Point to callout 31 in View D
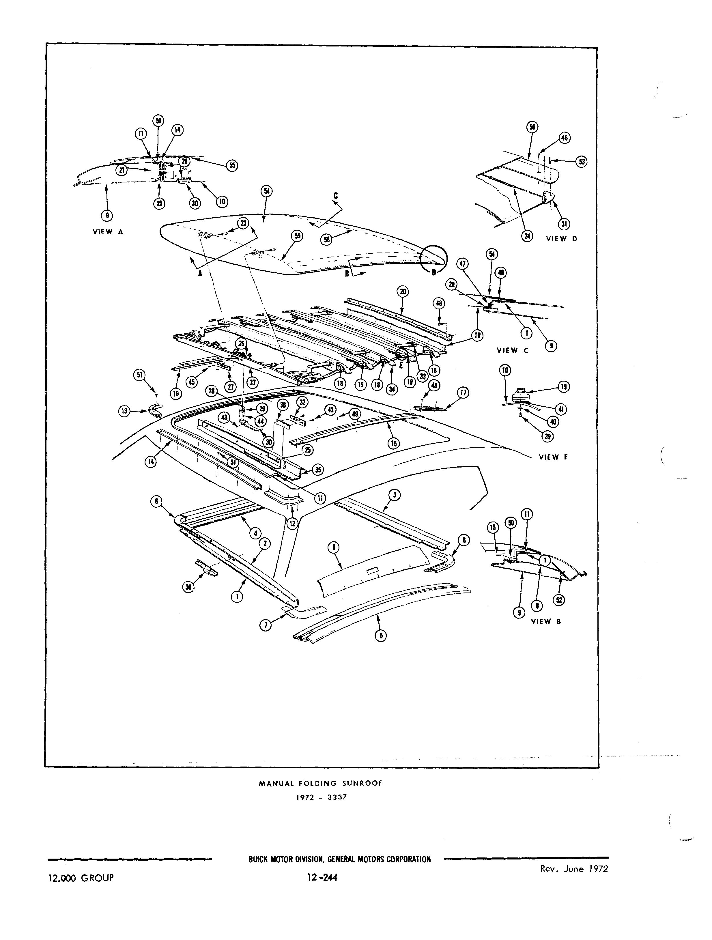pos(564,224)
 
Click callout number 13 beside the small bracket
pos(124,411)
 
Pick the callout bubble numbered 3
pos(395,495)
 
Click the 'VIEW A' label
pos(108,232)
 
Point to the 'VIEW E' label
pos(553,457)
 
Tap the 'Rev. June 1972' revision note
pos(573,869)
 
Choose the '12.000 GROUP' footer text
pos(81,878)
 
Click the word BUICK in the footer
pos(258,859)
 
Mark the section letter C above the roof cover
pos(335,196)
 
